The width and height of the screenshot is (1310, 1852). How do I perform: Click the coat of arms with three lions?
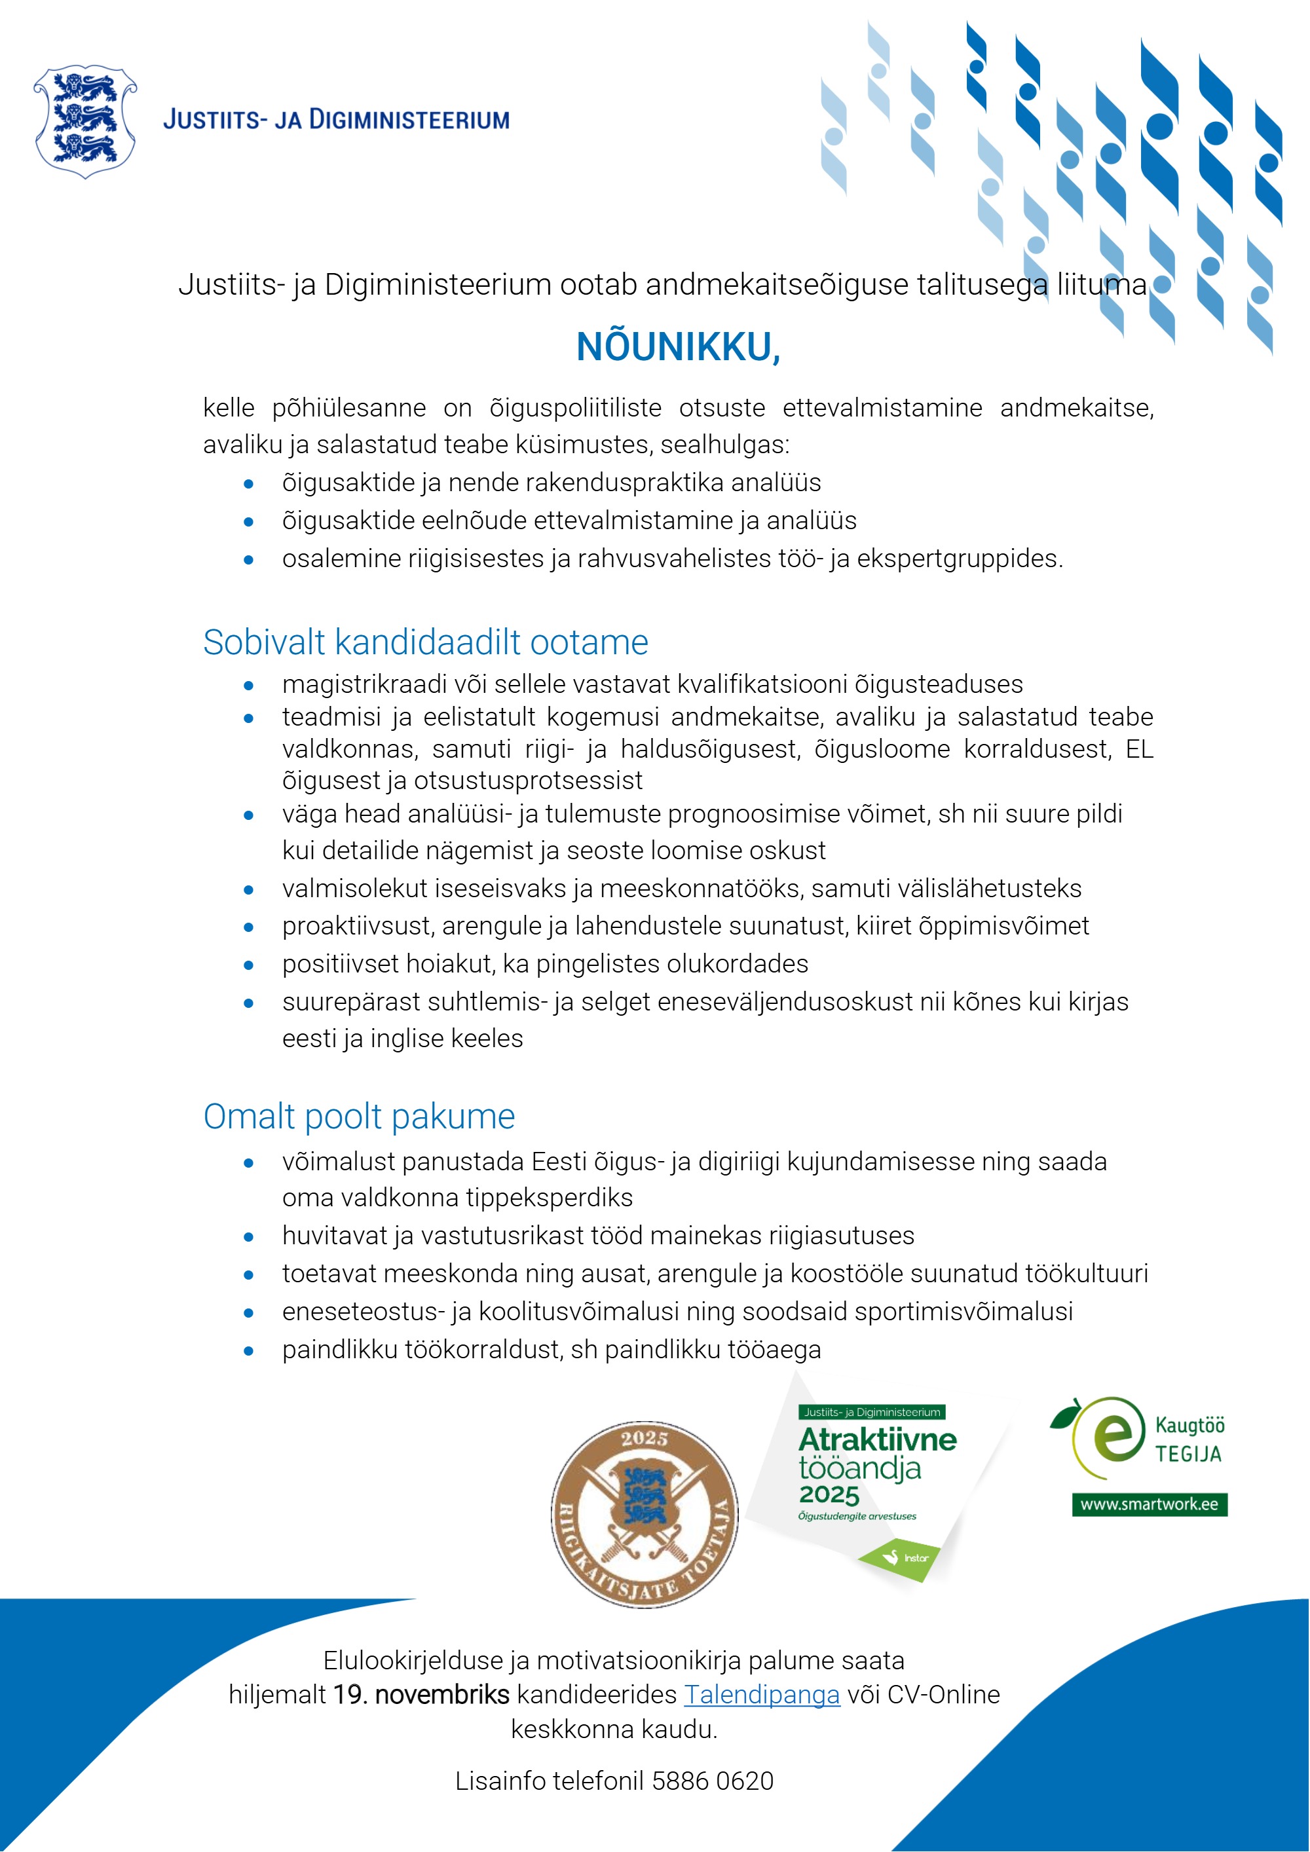pyautogui.click(x=84, y=121)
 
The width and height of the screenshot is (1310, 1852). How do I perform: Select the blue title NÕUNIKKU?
pyautogui.click(x=677, y=348)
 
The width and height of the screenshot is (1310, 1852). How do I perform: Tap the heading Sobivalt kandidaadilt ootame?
pyautogui.click(x=425, y=643)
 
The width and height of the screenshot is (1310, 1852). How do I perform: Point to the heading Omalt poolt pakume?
pyautogui.click(x=359, y=1117)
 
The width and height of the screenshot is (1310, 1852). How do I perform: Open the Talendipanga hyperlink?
pyautogui.click(x=762, y=1695)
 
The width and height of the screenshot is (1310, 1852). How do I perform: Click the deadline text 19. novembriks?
pyautogui.click(x=421, y=1695)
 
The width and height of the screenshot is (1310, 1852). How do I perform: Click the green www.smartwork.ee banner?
pyautogui.click(x=1149, y=1504)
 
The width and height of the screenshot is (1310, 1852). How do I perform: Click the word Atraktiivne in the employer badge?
pyautogui.click(x=877, y=1440)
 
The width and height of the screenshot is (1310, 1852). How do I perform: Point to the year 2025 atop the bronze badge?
pyautogui.click(x=644, y=1438)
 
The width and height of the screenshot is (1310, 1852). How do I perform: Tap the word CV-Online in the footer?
pyautogui.click(x=943, y=1695)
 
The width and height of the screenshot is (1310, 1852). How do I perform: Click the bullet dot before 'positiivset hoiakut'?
pyautogui.click(x=248, y=965)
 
